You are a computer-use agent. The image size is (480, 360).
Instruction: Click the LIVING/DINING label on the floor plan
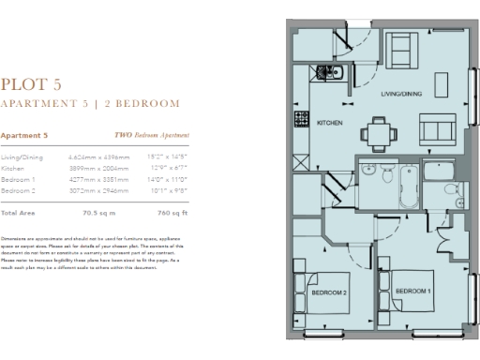click(x=404, y=94)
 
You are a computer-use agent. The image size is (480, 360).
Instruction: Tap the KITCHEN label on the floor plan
click(x=329, y=124)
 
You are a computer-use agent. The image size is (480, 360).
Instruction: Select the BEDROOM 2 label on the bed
click(x=329, y=293)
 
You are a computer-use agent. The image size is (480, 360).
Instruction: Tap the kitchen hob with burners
click(x=304, y=120)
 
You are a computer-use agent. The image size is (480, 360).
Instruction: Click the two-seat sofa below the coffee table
click(x=435, y=129)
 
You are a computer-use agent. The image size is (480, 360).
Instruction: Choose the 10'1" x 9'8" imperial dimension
click(x=167, y=189)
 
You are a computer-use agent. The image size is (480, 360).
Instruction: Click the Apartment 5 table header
click(x=24, y=136)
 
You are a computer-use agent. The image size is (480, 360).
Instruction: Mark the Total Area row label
click(x=19, y=214)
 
